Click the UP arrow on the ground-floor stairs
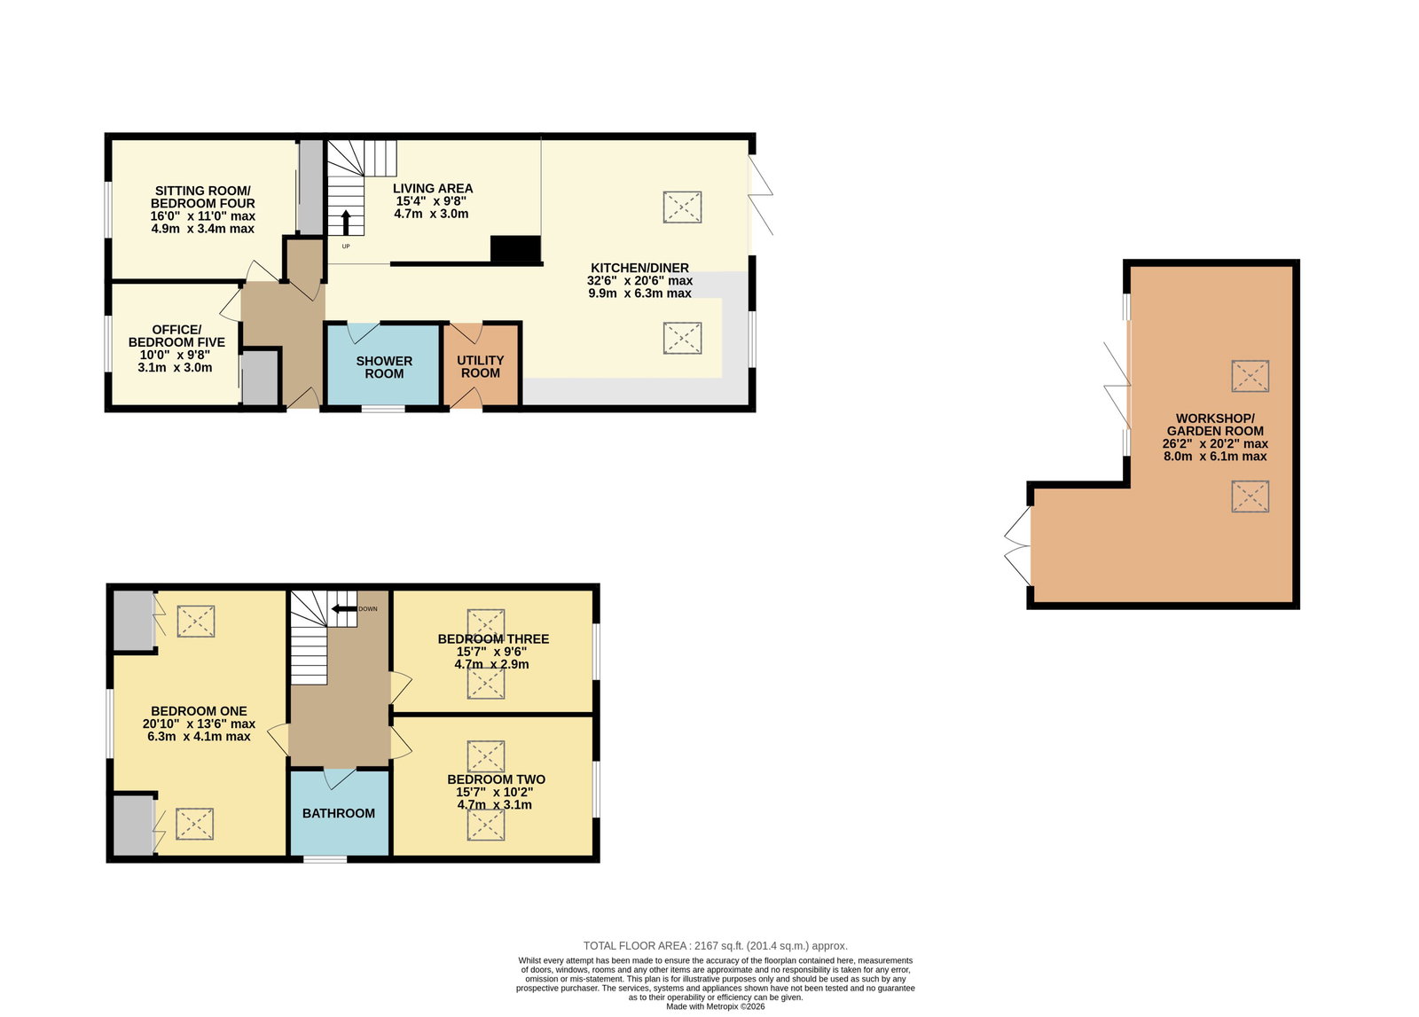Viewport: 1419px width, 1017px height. coord(346,223)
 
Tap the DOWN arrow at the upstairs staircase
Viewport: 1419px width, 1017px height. coord(345,609)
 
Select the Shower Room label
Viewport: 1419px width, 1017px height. coord(384,367)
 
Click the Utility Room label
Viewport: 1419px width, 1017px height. coord(480,367)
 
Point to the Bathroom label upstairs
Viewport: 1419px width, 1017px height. coord(338,813)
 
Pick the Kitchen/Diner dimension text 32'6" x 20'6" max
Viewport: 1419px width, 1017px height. coord(639,280)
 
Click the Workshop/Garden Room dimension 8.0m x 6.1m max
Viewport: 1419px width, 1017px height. coord(1215,456)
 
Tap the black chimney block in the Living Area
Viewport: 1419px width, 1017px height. coord(515,249)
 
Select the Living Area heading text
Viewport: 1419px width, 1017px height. coord(433,188)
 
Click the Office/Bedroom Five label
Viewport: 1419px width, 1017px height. coord(176,336)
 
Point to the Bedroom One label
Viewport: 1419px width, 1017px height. coord(199,711)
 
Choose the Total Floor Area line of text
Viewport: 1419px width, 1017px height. coord(715,945)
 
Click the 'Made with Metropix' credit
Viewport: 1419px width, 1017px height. coord(715,1006)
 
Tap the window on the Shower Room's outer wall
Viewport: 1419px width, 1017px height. coord(383,409)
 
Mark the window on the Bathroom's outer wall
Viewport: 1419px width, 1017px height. coord(325,859)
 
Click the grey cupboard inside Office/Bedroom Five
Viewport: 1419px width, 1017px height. coord(261,378)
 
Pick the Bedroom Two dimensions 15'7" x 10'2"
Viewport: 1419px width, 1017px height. coord(495,792)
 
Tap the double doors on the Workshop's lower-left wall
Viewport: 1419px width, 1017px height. coord(1017,546)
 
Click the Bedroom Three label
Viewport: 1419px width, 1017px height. coord(493,639)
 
